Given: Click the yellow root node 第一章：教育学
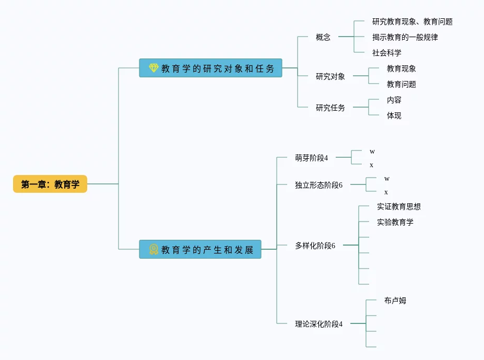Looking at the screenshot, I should click(50, 184).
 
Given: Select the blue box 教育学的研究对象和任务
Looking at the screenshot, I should click(210, 68).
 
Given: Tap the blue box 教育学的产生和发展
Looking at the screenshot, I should click(200, 249).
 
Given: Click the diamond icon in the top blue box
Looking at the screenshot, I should click(153, 68).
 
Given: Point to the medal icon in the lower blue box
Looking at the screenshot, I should click(154, 249).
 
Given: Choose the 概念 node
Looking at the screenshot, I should click(323, 37).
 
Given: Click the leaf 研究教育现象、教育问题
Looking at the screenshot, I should click(412, 21).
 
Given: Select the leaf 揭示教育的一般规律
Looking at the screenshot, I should click(405, 37).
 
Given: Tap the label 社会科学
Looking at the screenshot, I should click(386, 53).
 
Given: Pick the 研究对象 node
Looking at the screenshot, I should click(330, 76).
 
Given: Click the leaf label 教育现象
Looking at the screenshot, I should click(401, 68).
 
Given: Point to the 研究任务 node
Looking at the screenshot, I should click(330, 108).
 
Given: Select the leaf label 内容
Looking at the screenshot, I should click(394, 100).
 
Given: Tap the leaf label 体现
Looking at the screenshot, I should click(394, 115).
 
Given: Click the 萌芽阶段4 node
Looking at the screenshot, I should click(311, 157).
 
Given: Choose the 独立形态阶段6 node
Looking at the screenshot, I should click(318, 184).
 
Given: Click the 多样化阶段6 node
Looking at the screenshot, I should click(315, 245).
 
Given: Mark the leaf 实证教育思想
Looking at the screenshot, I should click(398, 206).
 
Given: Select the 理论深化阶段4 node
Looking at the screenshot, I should click(318, 323).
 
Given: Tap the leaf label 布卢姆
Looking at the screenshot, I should click(395, 300).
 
